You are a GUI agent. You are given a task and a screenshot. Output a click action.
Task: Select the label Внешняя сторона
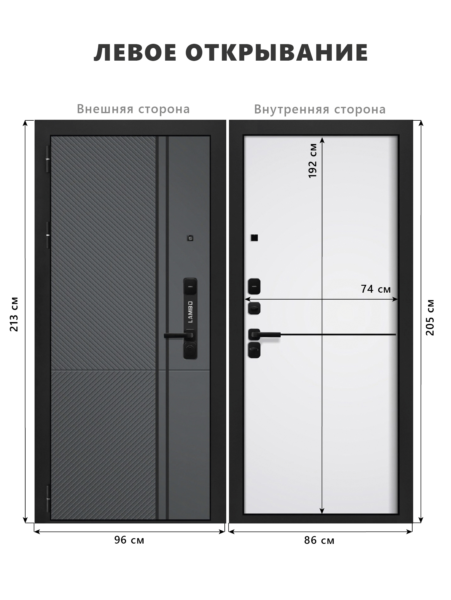pos(133,109)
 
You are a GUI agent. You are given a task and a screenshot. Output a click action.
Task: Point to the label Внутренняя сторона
pos(320,109)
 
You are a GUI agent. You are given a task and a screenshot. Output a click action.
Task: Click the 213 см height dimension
pos(14,314)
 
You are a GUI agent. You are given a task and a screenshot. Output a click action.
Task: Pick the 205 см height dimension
pos(430,317)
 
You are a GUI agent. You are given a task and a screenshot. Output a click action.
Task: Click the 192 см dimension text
pos(313,161)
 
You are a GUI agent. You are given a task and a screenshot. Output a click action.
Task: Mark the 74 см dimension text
pos(376,289)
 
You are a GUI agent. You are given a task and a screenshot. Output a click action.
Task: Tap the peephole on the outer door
pos(190,238)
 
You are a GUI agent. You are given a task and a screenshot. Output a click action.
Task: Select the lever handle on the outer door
pos(179,335)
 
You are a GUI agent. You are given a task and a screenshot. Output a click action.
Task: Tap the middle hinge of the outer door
pos(48,235)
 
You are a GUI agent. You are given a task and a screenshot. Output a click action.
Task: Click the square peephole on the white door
pos(254,238)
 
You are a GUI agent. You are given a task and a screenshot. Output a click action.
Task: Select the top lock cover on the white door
pos(254,287)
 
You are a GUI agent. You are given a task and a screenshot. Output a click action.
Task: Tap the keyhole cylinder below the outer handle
pos(190,350)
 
